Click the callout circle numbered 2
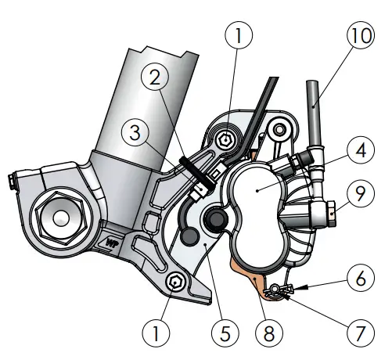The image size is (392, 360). tap(155, 76)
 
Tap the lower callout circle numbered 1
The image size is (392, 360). tap(159, 333)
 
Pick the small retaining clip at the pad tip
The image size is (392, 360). tap(274, 292)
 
